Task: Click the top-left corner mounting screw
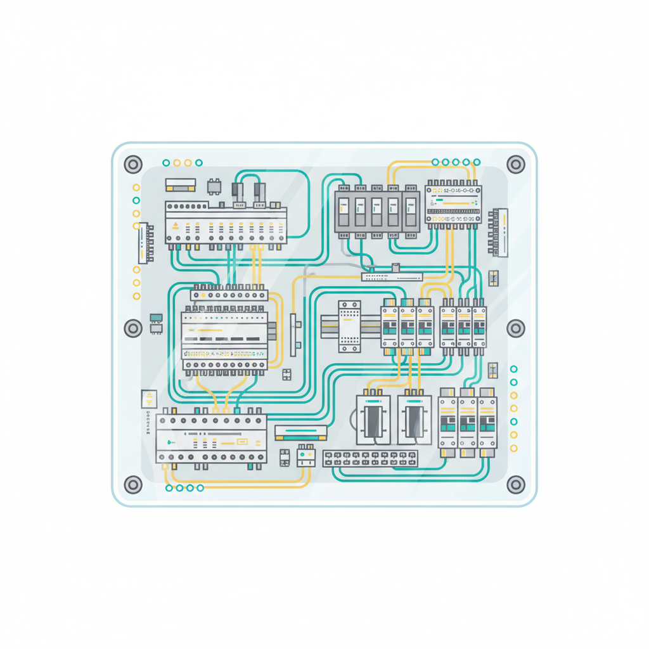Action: (132, 165)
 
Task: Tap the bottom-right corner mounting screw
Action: (517, 485)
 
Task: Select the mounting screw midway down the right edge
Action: (517, 328)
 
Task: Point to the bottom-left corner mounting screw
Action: (132, 485)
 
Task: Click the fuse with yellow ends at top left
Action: (181, 185)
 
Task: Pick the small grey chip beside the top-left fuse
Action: (215, 186)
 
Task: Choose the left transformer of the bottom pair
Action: (372, 419)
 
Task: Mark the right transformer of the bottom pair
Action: (413, 419)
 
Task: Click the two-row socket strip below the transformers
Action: (371, 458)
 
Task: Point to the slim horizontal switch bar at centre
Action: (392, 276)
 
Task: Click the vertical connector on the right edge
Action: (498, 233)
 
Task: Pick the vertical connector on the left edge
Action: (146, 243)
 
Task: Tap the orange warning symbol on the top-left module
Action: (176, 226)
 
